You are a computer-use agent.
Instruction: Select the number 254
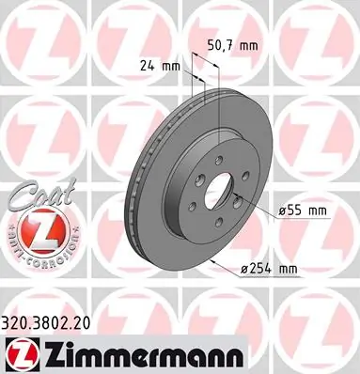262,270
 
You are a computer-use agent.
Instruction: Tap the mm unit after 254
288,270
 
